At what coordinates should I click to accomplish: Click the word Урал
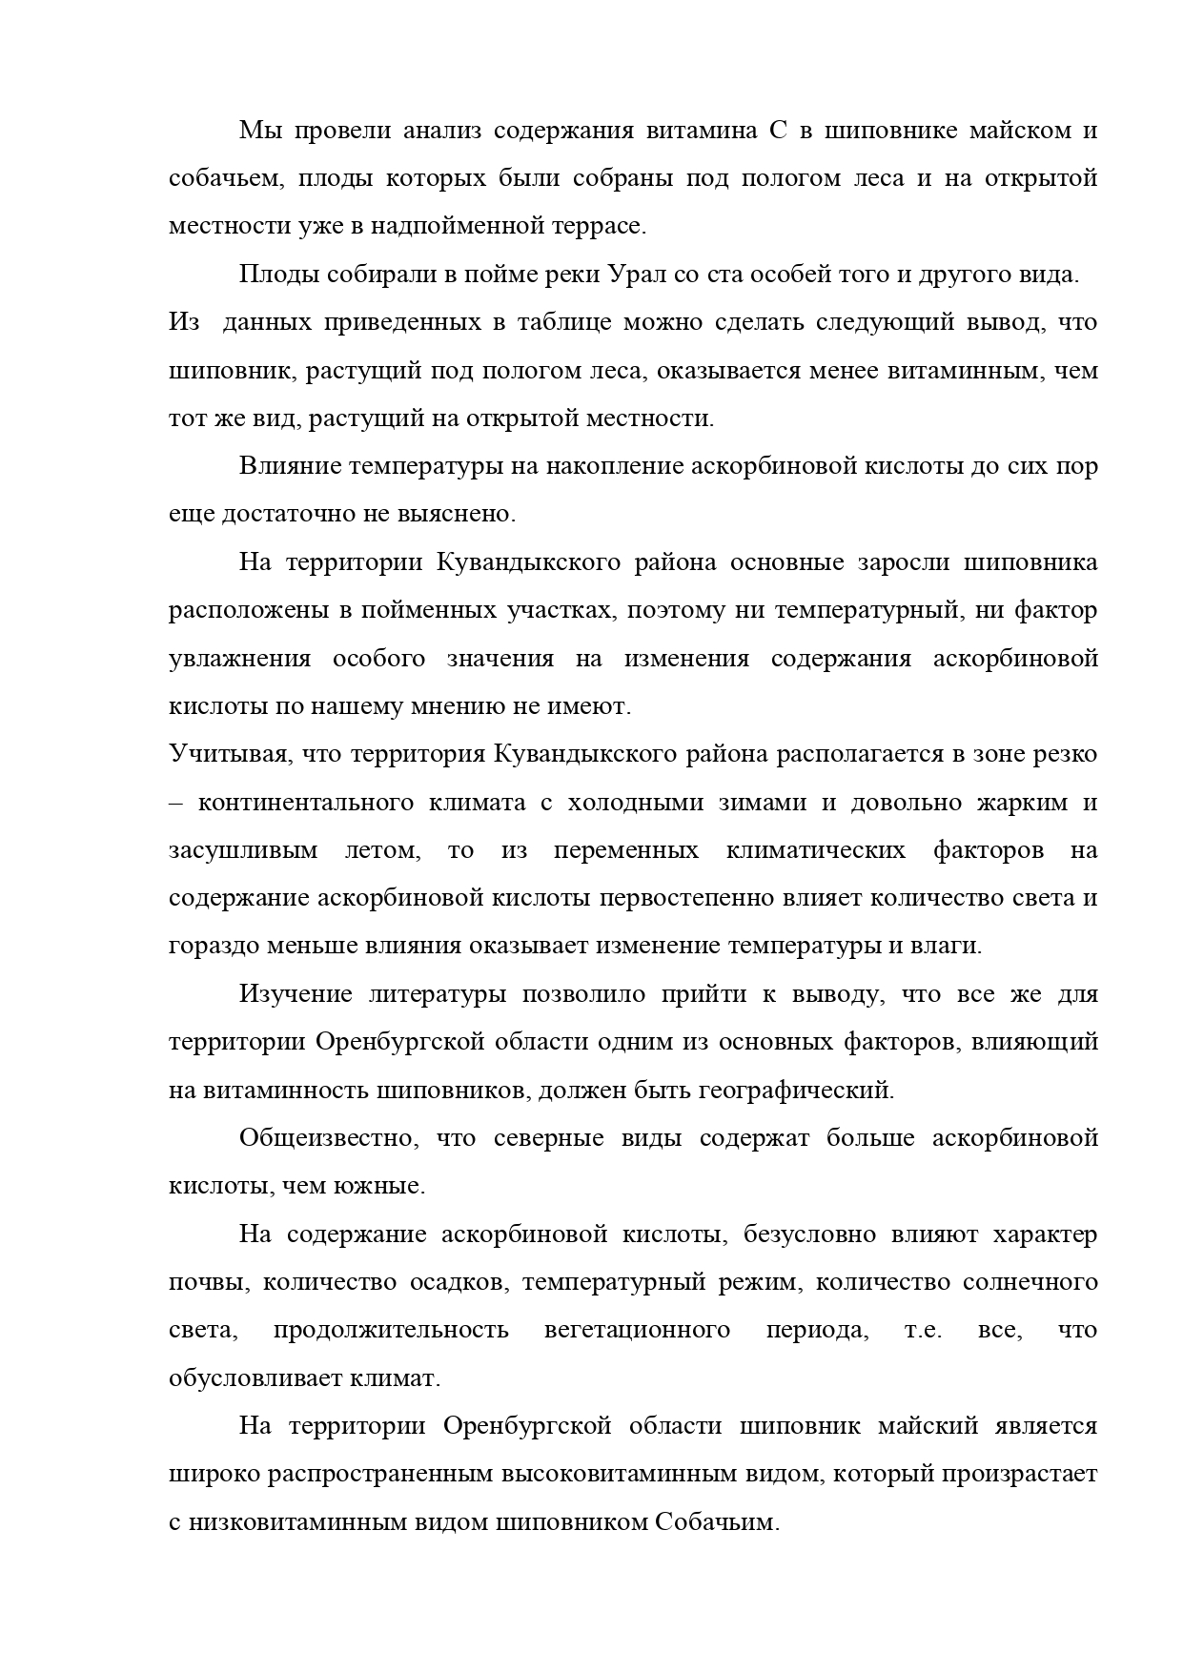pyautogui.click(x=638, y=275)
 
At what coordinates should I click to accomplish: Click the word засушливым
pyautogui.click(x=243, y=850)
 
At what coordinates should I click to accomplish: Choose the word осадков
pyautogui.click(x=456, y=1283)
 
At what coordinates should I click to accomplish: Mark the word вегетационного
pyautogui.click(x=637, y=1331)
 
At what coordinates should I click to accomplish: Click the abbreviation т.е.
pyautogui.click(x=922, y=1331)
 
